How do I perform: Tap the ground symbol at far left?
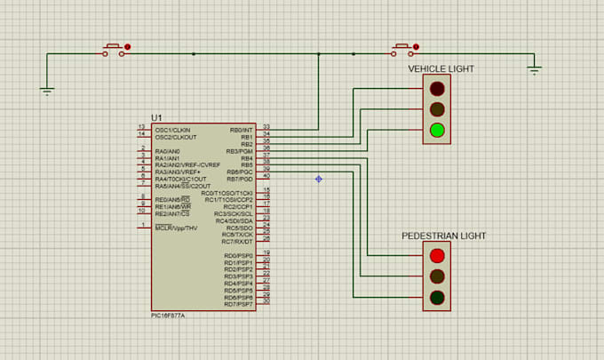click(x=48, y=90)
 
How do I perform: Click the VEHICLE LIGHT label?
click(x=441, y=68)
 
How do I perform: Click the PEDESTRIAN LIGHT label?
click(x=444, y=236)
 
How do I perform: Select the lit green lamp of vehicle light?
click(x=436, y=131)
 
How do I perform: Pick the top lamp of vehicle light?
click(x=436, y=89)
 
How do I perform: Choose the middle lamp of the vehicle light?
click(x=436, y=109)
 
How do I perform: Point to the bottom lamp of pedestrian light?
click(x=436, y=297)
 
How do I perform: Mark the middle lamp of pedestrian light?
click(x=436, y=276)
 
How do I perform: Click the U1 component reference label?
click(x=156, y=117)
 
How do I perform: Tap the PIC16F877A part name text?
click(x=170, y=315)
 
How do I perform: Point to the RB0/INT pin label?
click(x=241, y=129)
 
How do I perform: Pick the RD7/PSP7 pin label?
click(x=239, y=304)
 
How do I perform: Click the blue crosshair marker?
click(x=318, y=179)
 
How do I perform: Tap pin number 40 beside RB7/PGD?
click(x=266, y=176)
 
